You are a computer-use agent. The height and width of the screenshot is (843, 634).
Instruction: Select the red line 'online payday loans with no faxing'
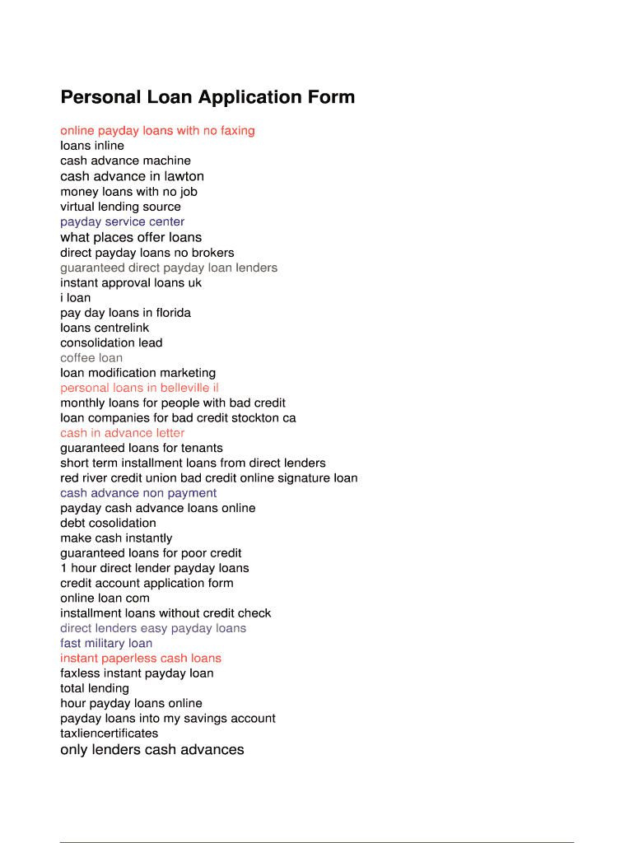(157, 131)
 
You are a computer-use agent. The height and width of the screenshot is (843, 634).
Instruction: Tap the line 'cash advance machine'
(125, 161)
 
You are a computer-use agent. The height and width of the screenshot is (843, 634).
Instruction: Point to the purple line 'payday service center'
(122, 221)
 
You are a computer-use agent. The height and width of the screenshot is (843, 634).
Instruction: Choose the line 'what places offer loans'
(131, 237)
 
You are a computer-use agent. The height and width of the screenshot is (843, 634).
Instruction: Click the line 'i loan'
(76, 298)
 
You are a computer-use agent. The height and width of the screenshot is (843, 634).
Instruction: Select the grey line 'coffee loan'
(91, 358)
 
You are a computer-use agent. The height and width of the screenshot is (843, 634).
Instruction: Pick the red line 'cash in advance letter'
(122, 433)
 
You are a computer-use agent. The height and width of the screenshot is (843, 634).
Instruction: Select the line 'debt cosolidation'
(108, 523)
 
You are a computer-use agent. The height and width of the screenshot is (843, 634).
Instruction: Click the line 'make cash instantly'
(116, 538)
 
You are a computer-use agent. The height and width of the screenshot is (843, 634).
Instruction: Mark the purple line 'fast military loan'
(106, 643)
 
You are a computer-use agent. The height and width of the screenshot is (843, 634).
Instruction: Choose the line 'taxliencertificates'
(109, 734)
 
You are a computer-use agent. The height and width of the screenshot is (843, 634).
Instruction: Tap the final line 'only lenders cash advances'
(152, 750)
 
